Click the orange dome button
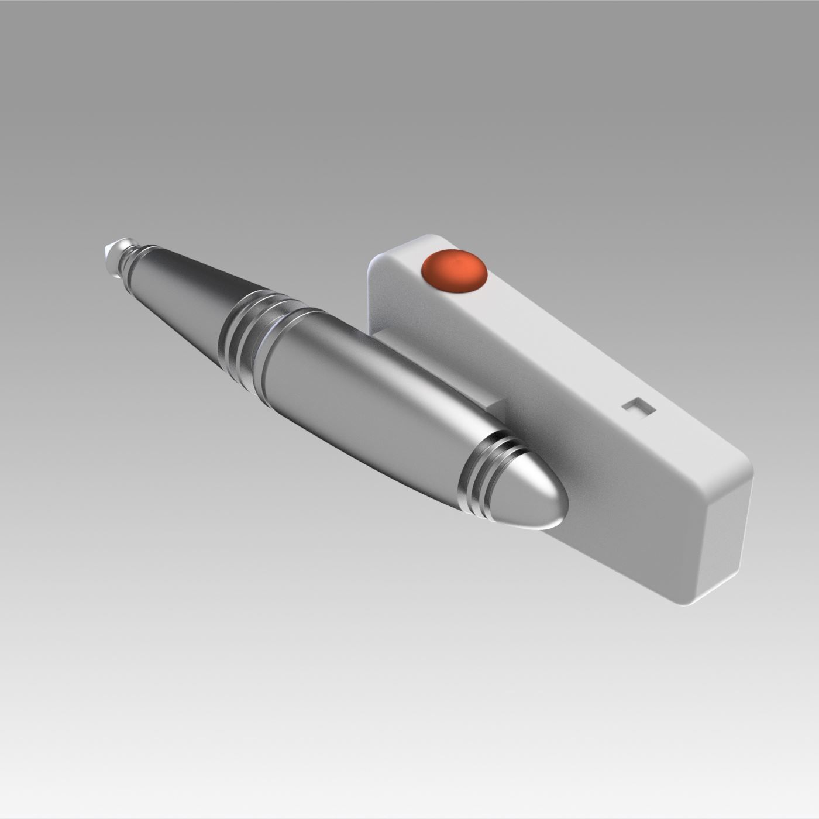[455, 270]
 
